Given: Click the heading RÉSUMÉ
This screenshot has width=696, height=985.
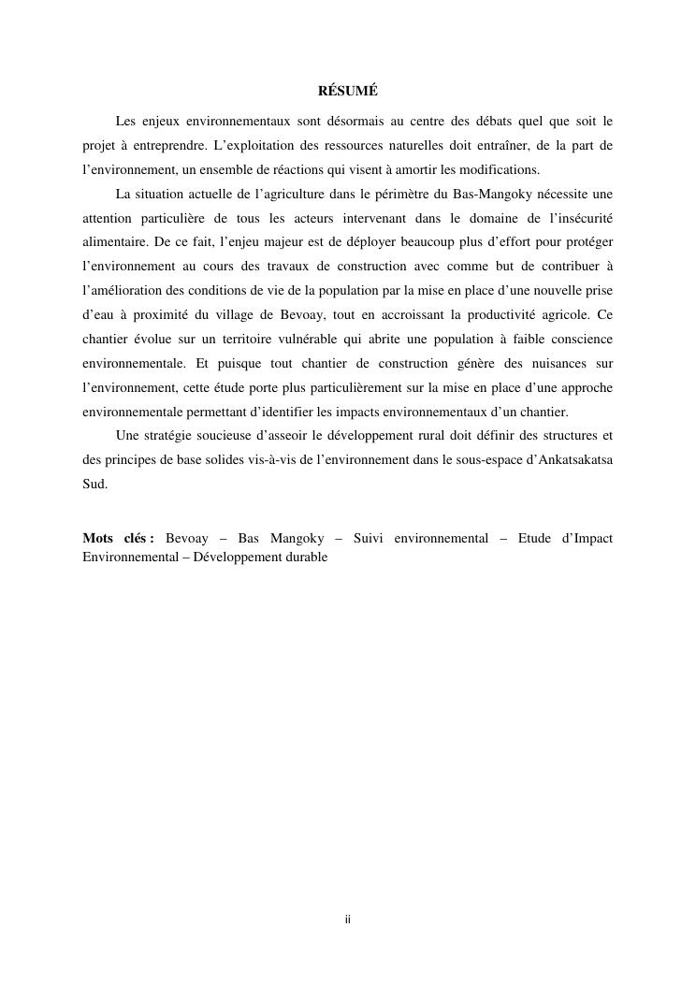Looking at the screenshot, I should click(x=347, y=92).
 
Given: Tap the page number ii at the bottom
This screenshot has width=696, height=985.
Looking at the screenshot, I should click(x=347, y=920).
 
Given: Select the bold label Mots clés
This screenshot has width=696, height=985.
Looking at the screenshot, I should click(x=118, y=538).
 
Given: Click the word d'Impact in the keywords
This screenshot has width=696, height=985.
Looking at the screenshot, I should click(x=585, y=538).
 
